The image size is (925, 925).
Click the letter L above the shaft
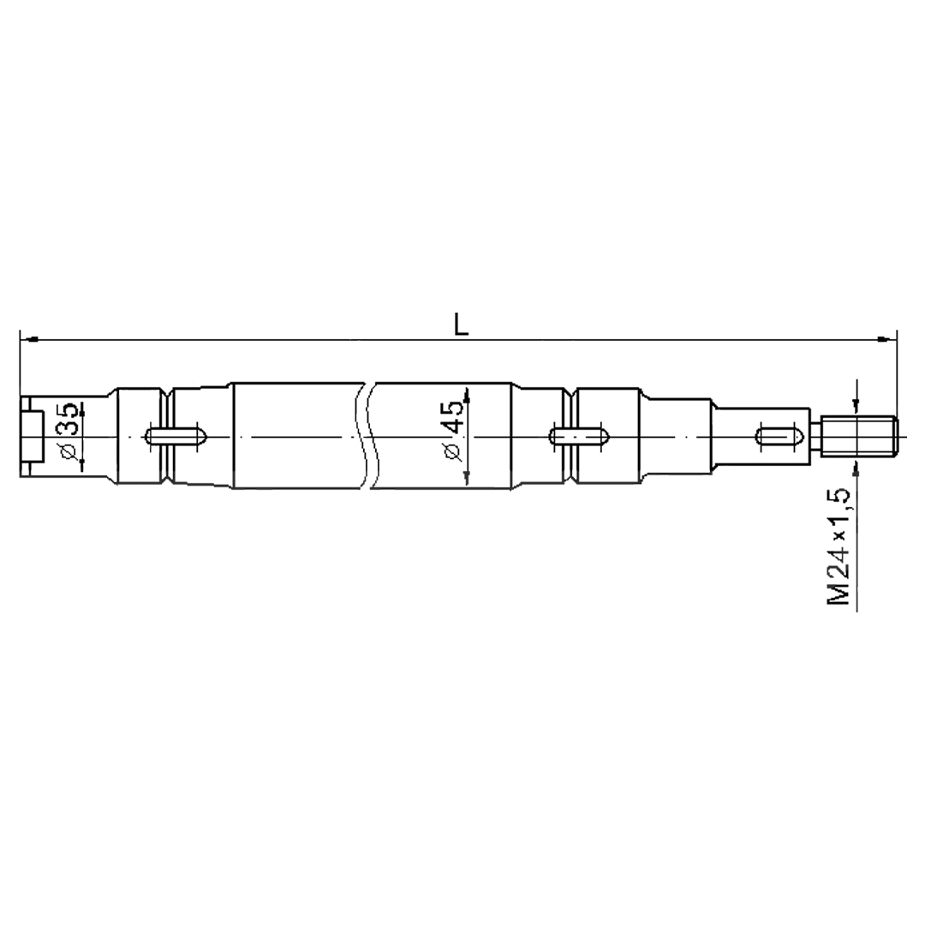(461, 324)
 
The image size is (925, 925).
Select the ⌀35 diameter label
(69, 432)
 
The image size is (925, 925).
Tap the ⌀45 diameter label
(453, 431)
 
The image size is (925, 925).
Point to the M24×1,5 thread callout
(838, 546)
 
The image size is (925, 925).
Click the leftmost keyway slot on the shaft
(176, 437)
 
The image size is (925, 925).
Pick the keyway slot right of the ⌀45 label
(579, 437)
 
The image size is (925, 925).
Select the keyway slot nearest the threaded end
(779, 437)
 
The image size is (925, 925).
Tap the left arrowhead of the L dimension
(29, 340)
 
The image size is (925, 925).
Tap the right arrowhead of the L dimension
(887, 340)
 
